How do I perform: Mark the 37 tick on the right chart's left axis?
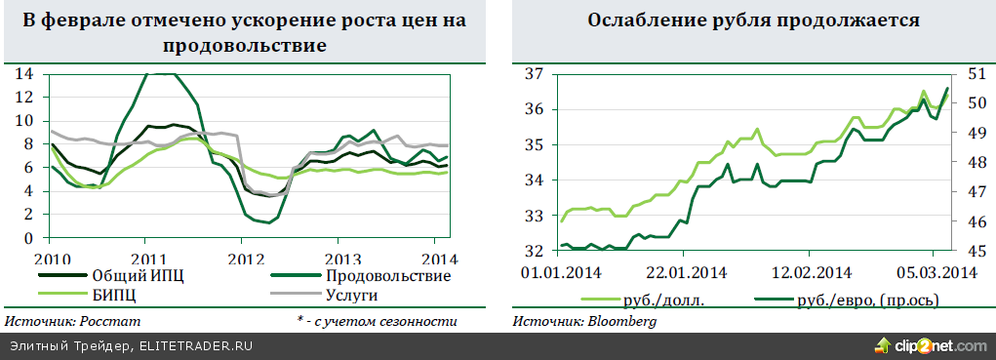point(534,73)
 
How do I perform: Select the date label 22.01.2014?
point(684,271)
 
